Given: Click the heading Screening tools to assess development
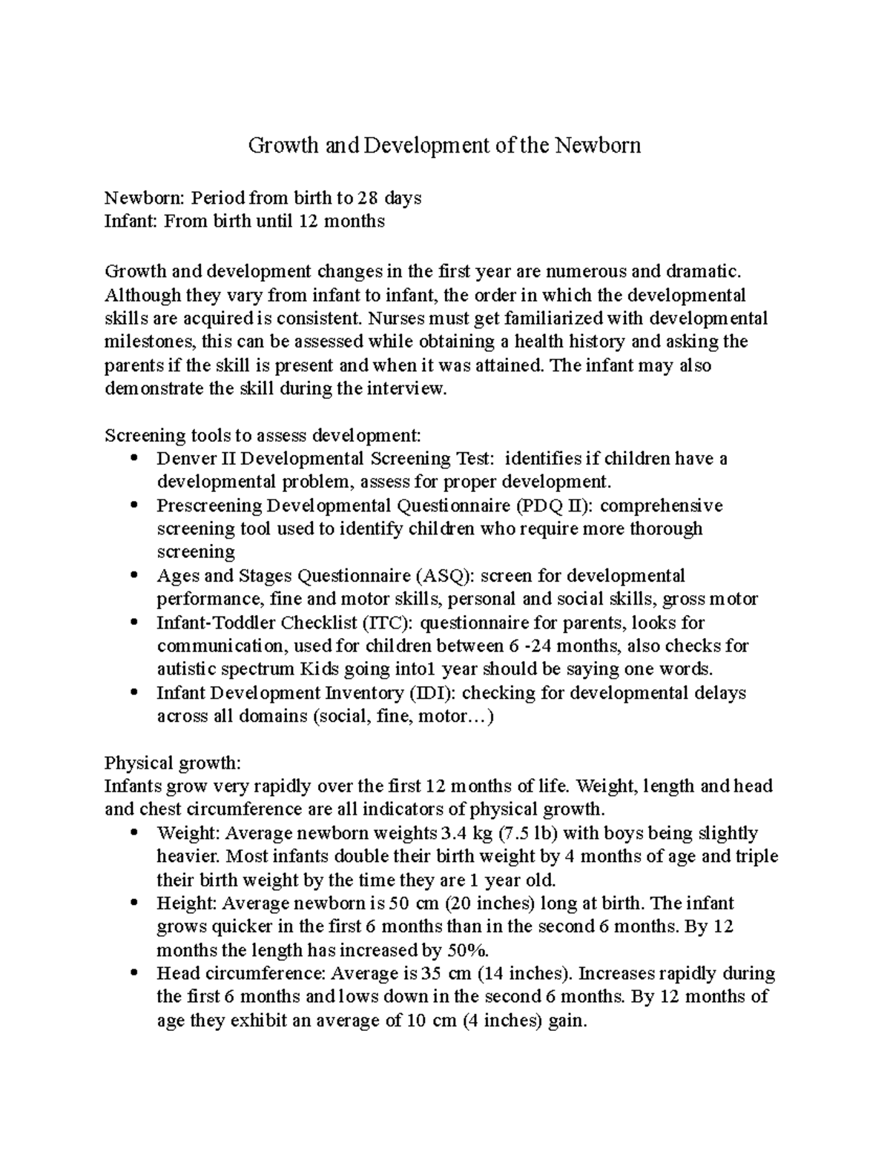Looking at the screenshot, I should (x=263, y=435).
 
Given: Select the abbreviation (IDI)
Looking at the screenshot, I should (x=429, y=693).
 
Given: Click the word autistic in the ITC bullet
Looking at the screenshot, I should (x=187, y=669).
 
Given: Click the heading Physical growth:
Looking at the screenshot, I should (x=173, y=763).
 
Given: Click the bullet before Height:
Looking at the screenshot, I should (x=133, y=903).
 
